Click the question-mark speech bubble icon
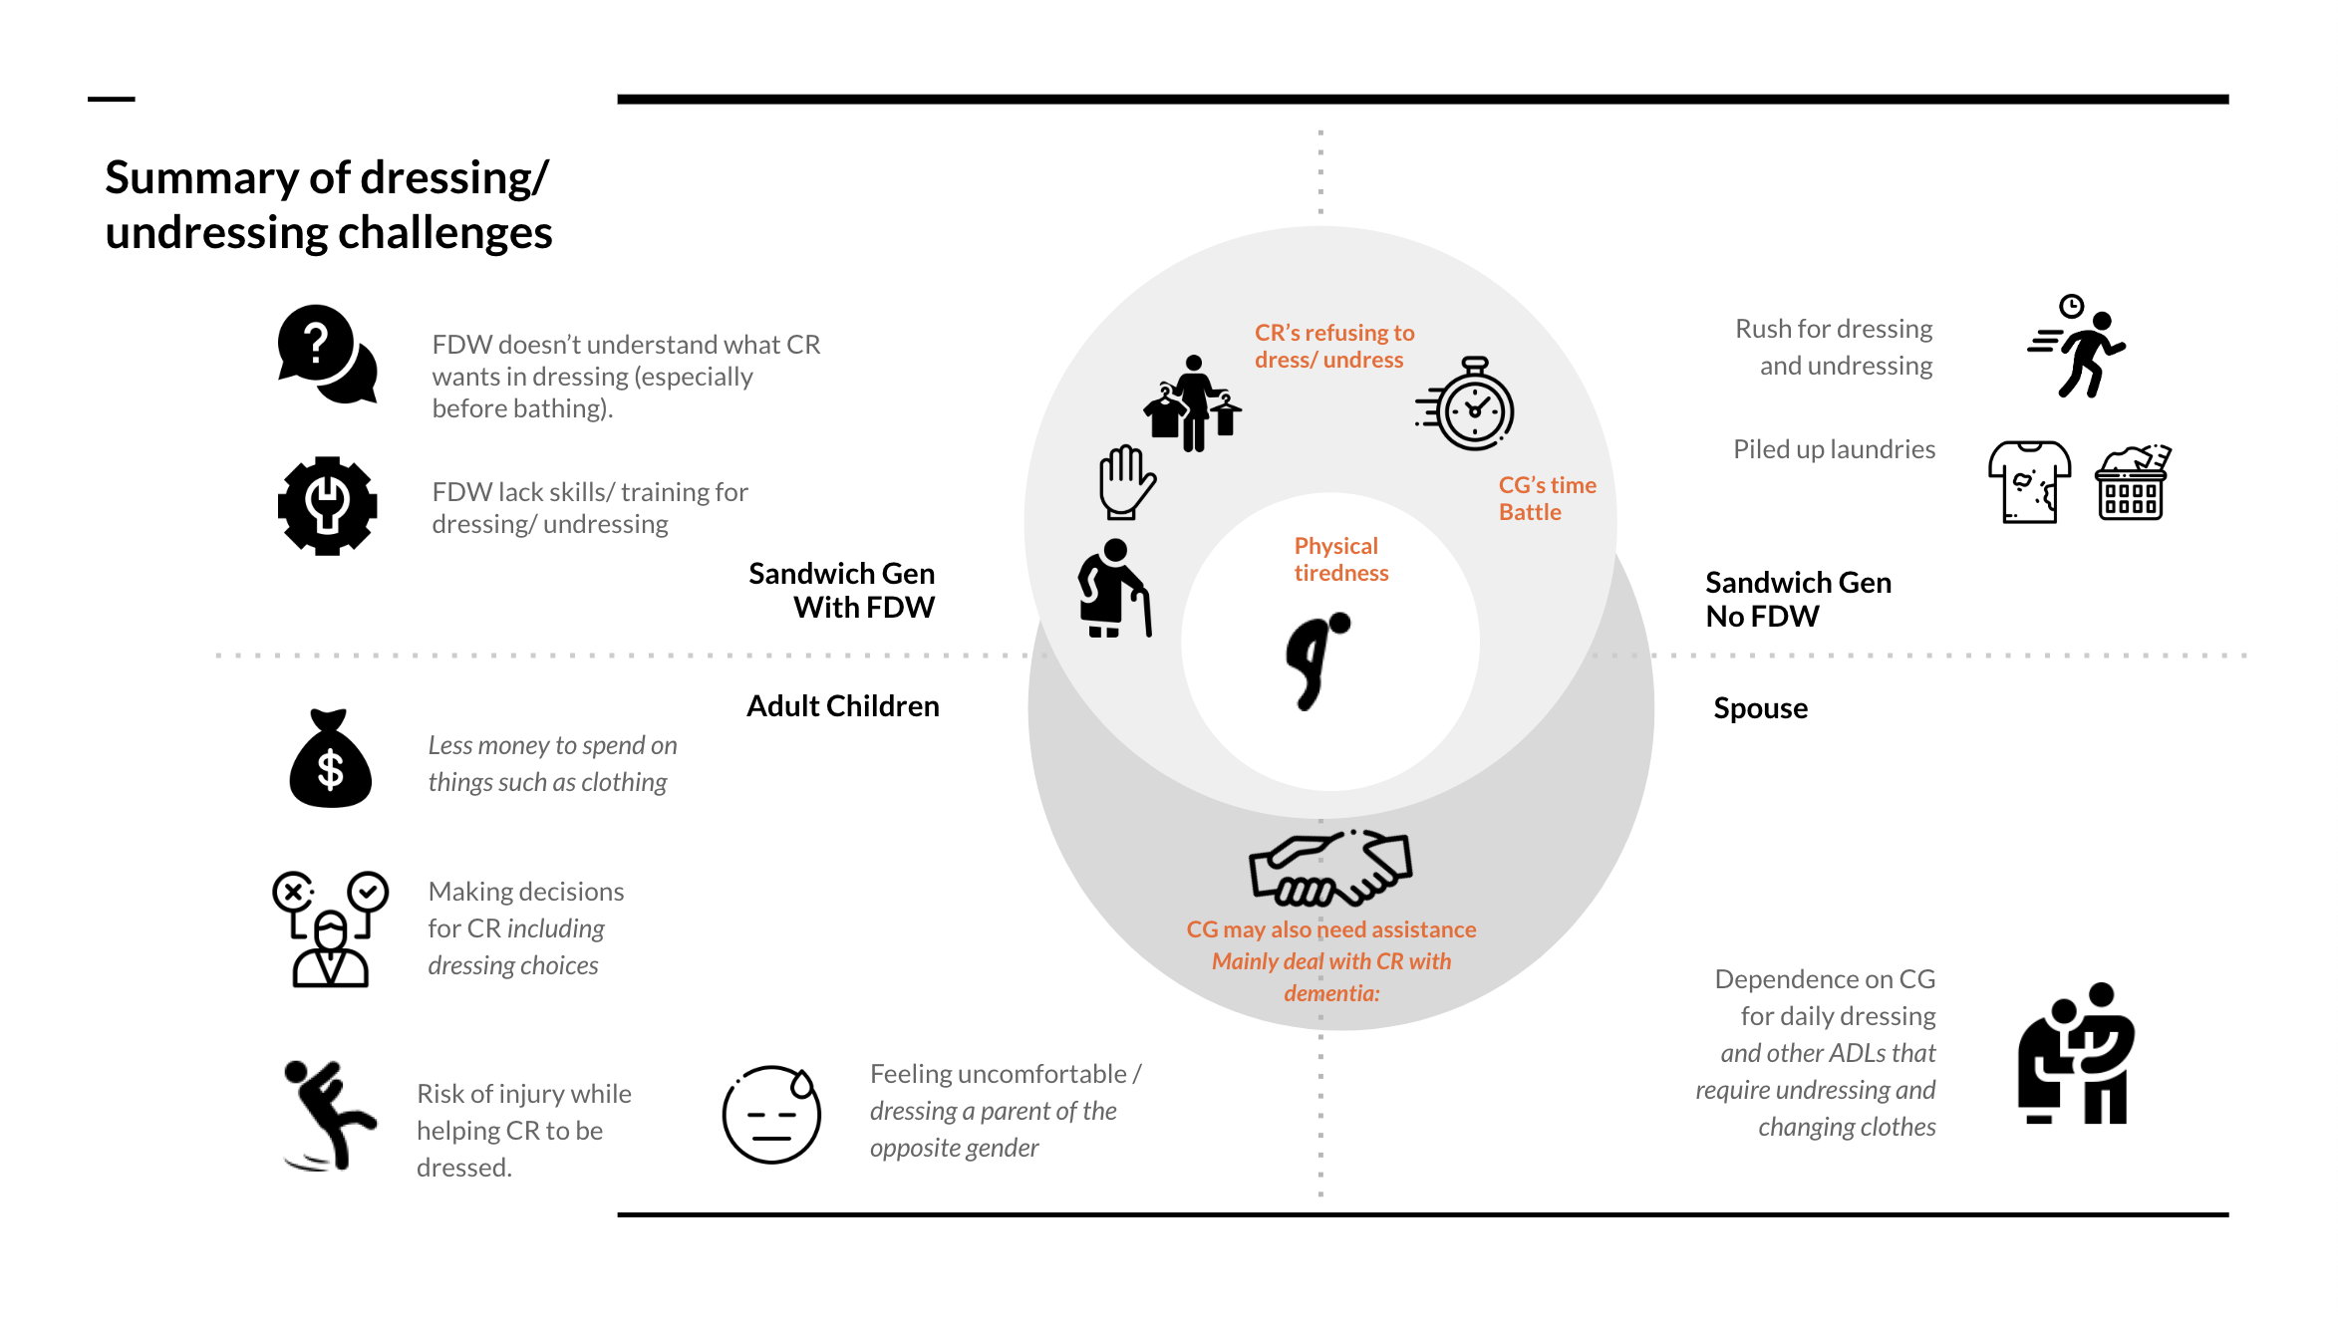tap(327, 354)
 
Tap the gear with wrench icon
tap(327, 505)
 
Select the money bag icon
tap(330, 759)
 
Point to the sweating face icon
tap(771, 1114)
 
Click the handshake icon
tap(1330, 868)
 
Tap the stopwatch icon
tap(1467, 404)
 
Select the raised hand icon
tap(1126, 482)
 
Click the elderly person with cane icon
tap(1114, 589)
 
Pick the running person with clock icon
tap(2077, 348)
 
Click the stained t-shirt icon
tap(2029, 482)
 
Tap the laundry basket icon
tap(2132, 483)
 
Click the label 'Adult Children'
tap(842, 706)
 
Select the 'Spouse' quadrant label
tap(1760, 708)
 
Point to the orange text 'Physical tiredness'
tap(1339, 559)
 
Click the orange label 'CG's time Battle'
tap(1546, 498)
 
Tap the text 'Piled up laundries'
tap(1834, 449)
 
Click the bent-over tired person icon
tap(1316, 660)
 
